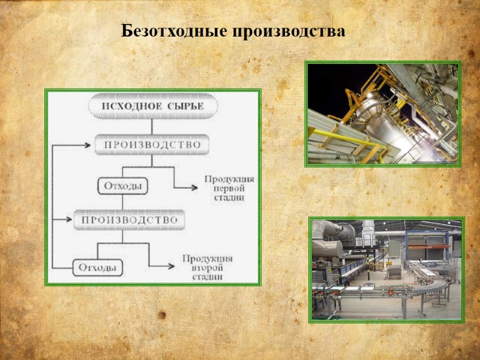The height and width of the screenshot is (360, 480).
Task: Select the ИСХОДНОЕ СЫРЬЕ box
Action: [x=152, y=107]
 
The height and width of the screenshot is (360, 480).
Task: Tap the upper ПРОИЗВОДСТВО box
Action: [x=152, y=145]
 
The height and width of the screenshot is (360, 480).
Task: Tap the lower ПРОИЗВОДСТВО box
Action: [x=130, y=220]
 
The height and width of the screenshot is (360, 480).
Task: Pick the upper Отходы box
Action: [x=122, y=186]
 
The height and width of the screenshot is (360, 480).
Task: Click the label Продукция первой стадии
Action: [x=229, y=188]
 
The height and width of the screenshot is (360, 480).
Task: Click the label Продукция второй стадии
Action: [x=207, y=267]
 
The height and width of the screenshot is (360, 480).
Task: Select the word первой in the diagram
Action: [x=229, y=188]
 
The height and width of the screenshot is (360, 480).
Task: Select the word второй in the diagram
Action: [x=207, y=268]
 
